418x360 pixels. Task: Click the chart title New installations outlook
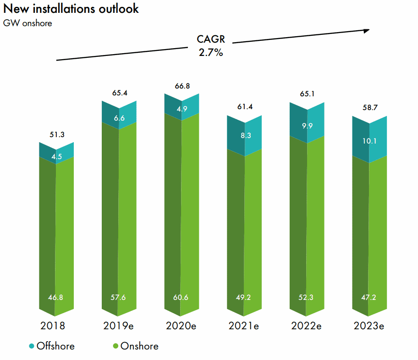pos(71,9)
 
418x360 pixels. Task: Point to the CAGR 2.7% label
pos(210,46)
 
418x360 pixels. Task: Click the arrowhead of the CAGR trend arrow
pos(367,31)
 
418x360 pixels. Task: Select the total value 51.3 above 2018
pos(56,135)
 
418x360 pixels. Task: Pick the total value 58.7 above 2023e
pos(369,109)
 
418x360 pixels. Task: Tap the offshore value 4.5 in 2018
pos(56,155)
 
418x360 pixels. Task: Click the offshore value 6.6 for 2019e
pos(119,118)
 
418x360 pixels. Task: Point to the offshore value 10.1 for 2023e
pos(369,141)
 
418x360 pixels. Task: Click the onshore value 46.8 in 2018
pos(56,298)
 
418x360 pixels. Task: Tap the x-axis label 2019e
pos(119,326)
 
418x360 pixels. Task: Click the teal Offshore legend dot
pos(32,346)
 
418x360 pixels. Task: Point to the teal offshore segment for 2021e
pos(244,135)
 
